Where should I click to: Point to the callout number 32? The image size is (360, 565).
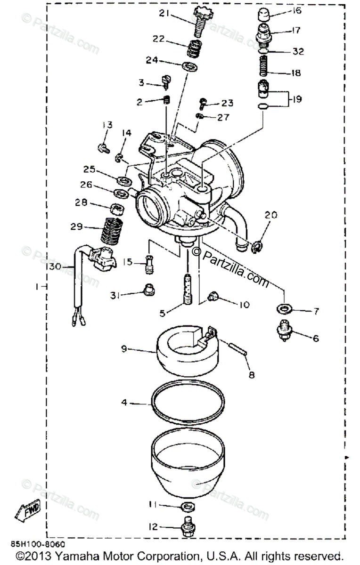pos(298,51)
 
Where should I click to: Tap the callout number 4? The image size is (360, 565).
pos(124,403)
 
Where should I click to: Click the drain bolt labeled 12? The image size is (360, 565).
pos(188,528)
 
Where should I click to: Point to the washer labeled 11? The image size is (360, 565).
pos(187,507)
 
